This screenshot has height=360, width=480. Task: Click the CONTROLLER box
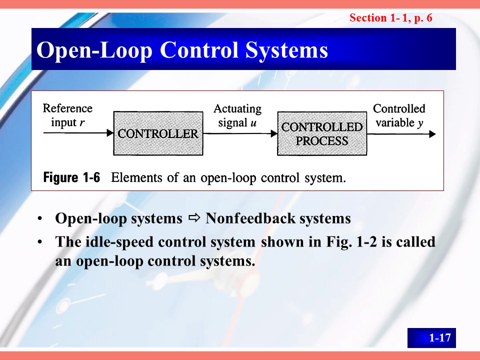click(158, 133)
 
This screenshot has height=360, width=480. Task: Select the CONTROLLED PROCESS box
click(322, 133)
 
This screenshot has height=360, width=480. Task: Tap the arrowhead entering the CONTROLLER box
click(110, 133)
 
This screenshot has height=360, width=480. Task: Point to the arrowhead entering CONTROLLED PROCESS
click(274, 133)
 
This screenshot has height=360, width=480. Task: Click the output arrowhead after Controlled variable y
click(432, 134)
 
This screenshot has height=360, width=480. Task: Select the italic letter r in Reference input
click(81, 123)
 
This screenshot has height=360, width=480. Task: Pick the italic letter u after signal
click(253, 123)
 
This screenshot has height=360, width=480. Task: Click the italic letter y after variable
click(420, 123)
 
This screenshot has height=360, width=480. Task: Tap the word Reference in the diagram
click(67, 108)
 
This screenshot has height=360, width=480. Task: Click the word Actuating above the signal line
click(237, 109)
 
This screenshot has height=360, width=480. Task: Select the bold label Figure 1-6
click(71, 177)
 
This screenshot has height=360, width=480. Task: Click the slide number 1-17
click(440, 337)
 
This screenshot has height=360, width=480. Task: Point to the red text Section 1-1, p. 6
click(391, 18)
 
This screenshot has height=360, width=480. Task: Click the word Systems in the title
click(286, 50)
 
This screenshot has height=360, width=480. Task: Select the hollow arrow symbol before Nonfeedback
click(194, 218)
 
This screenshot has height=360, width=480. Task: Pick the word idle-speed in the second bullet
click(119, 242)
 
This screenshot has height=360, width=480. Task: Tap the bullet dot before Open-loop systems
click(39, 219)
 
